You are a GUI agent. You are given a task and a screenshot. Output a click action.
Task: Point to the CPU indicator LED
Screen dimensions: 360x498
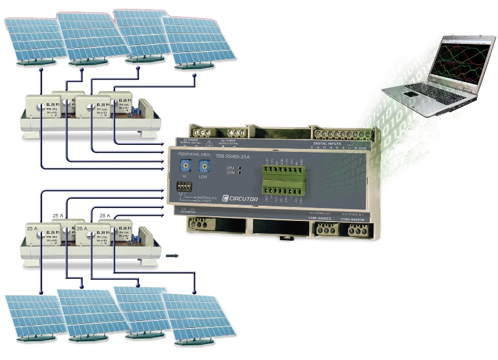240,168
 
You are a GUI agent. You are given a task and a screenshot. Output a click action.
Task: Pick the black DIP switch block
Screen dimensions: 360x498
184,188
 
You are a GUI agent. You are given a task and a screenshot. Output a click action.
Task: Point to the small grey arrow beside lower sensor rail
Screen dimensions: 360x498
172,255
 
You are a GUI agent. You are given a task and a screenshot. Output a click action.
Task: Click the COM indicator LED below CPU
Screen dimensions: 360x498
240,174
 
